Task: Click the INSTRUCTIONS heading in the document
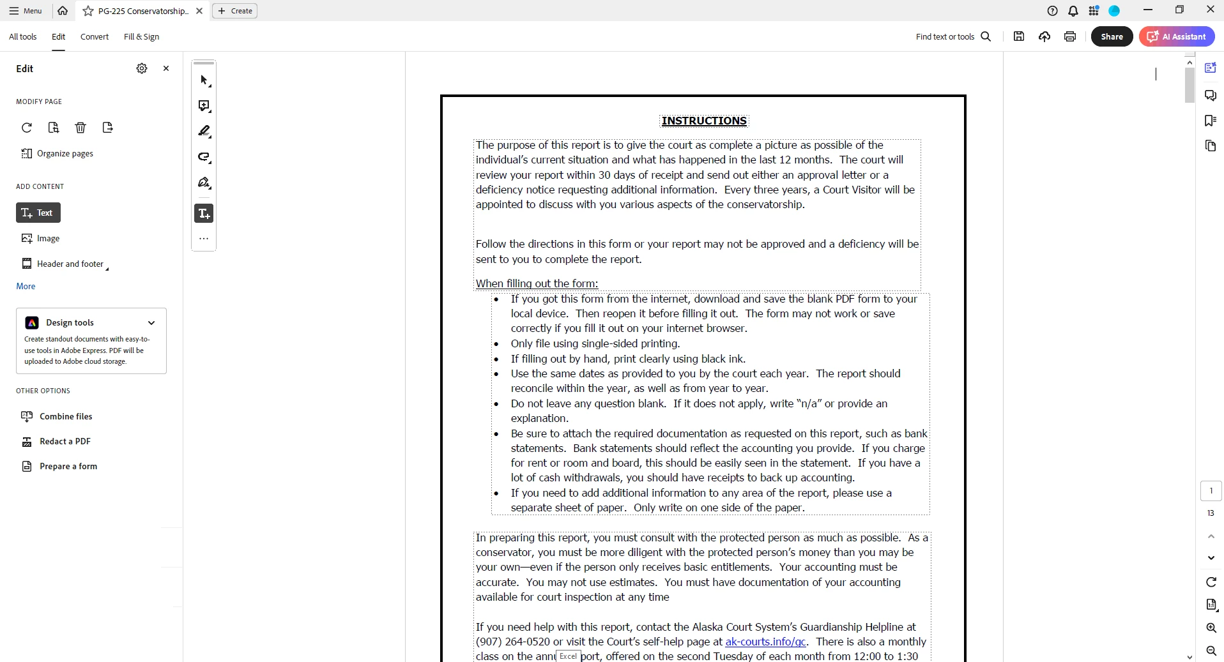pyautogui.click(x=704, y=121)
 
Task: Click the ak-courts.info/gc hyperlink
pyautogui.click(x=765, y=642)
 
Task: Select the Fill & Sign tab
pyautogui.click(x=141, y=36)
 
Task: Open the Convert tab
pyautogui.click(x=95, y=36)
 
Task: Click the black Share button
pyautogui.click(x=1112, y=36)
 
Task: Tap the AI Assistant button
pyautogui.click(x=1177, y=36)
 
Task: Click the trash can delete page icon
pyautogui.click(x=80, y=128)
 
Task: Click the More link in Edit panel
pyautogui.click(x=26, y=286)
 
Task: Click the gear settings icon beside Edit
pyautogui.click(x=142, y=68)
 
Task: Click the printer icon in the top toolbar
pyautogui.click(x=1070, y=36)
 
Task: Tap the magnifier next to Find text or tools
pyautogui.click(x=986, y=36)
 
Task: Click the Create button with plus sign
pyautogui.click(x=235, y=11)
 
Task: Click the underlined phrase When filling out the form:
pyautogui.click(x=537, y=283)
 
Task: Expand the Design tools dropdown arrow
pyautogui.click(x=151, y=322)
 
